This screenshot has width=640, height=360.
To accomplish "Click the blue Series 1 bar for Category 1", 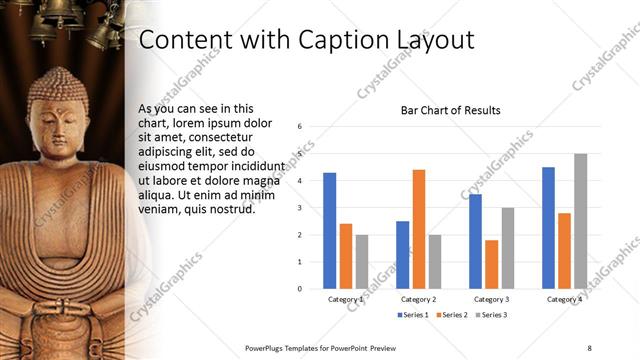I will [x=329, y=230].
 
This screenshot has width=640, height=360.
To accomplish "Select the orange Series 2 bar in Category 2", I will [x=418, y=229].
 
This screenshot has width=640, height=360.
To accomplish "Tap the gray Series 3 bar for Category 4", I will [x=580, y=221].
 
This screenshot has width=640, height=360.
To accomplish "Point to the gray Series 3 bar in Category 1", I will [x=361, y=261].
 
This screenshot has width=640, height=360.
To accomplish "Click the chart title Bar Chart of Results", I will [x=450, y=110].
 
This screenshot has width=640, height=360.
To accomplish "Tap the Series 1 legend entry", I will [x=415, y=315].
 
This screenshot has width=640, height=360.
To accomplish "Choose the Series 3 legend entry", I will [x=491, y=315].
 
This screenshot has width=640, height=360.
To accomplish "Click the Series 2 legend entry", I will [x=453, y=315].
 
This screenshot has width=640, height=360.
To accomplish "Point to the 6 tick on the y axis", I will [x=300, y=127].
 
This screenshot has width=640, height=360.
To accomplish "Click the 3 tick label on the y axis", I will [x=300, y=208].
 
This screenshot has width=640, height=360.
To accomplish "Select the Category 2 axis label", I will [x=418, y=299].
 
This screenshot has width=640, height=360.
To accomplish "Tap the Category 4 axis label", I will [x=564, y=299].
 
